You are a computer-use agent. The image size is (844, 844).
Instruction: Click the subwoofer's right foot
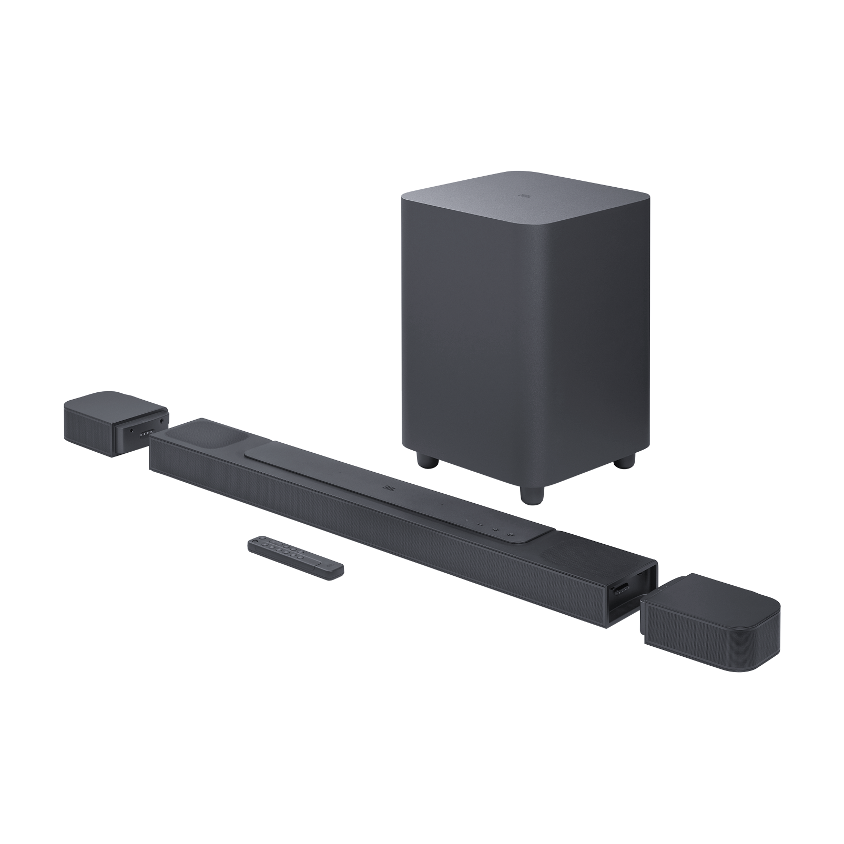(623, 461)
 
